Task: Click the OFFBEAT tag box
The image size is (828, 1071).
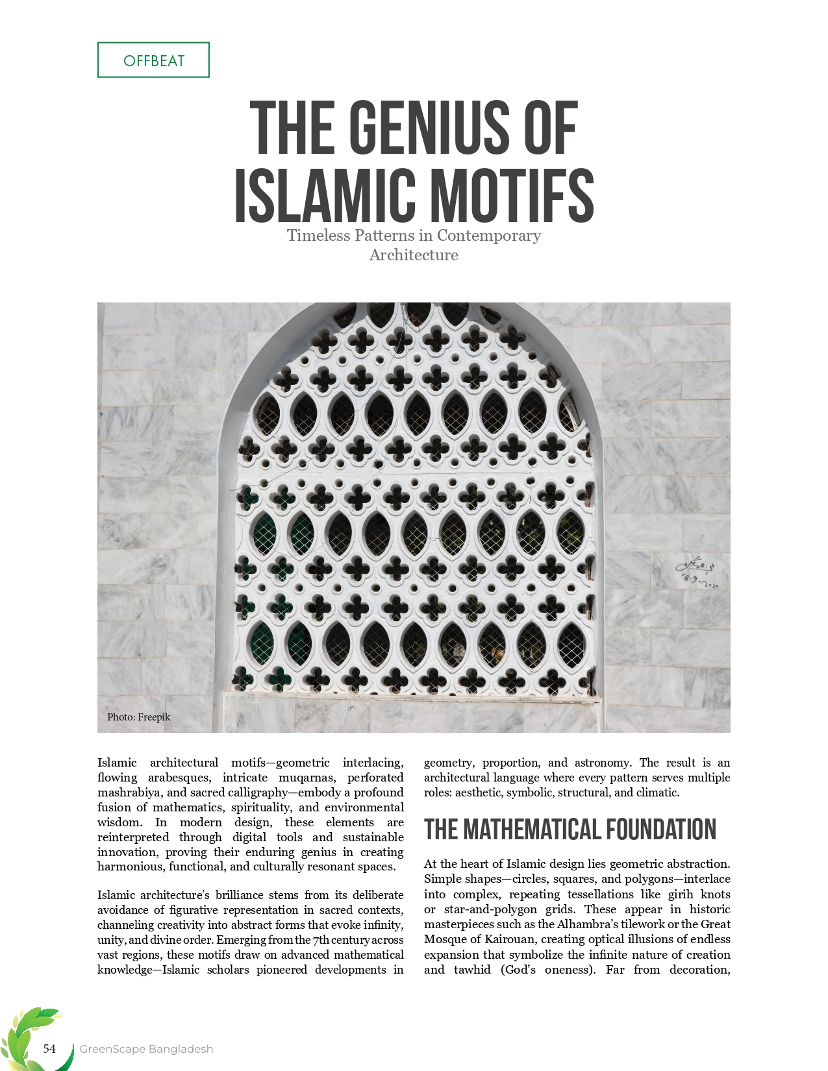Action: click(153, 60)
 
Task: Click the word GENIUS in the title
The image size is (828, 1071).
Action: click(432, 129)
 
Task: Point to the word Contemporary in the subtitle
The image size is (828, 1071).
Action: click(488, 235)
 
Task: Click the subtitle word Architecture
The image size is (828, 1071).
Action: click(414, 255)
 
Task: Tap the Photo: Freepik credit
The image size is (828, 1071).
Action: click(139, 717)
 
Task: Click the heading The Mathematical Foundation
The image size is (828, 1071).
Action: click(570, 830)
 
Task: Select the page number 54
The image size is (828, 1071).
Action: click(49, 1048)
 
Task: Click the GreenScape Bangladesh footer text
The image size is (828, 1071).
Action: click(146, 1049)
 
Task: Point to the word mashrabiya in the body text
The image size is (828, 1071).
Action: click(127, 793)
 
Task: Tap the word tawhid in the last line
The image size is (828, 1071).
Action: click(472, 970)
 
